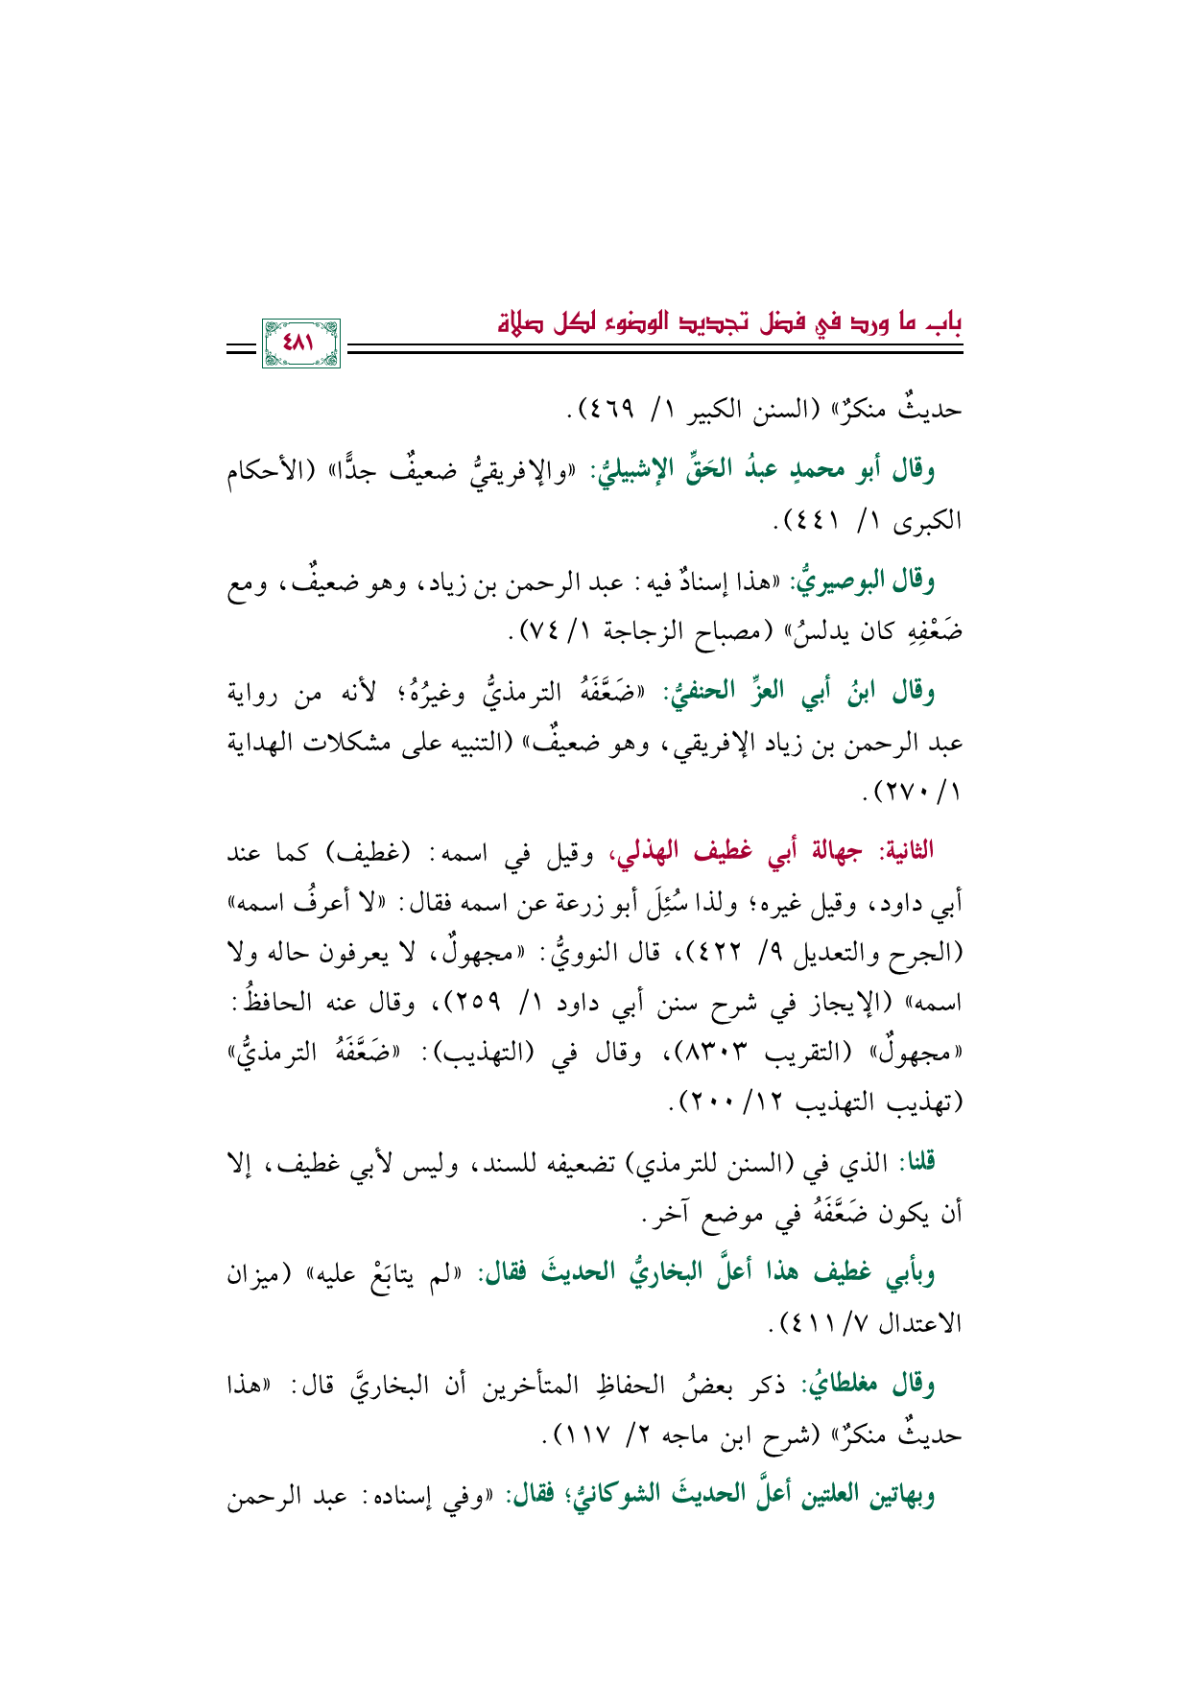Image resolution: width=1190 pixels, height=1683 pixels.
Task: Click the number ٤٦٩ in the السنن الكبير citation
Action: (x=610, y=411)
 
